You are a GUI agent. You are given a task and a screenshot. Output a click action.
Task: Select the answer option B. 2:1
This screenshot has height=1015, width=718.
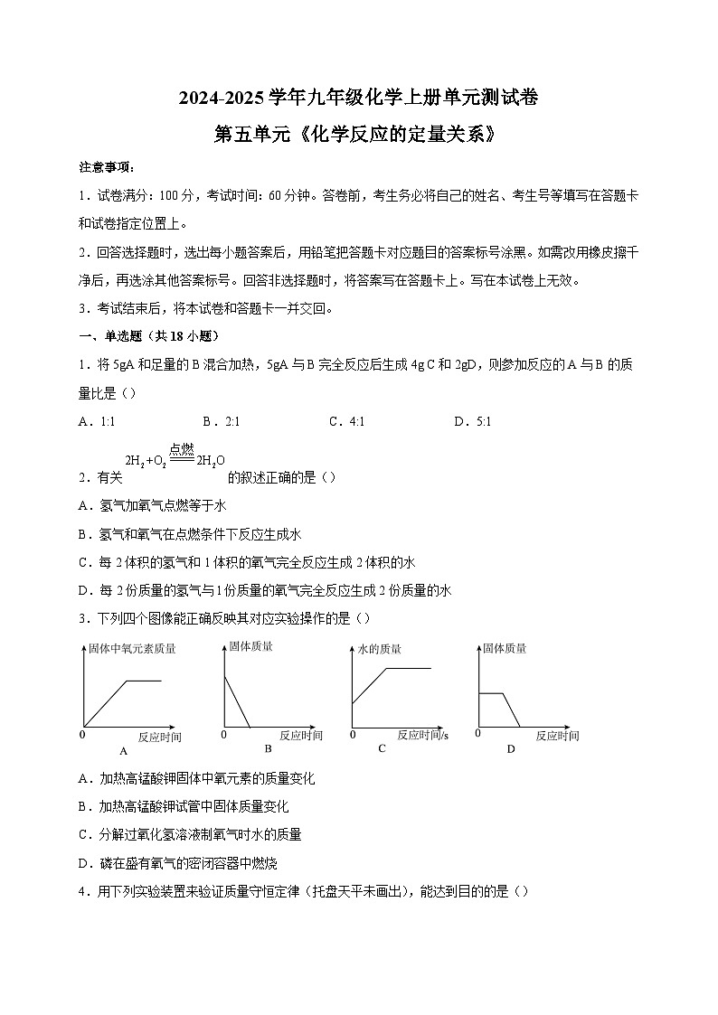[x=221, y=421]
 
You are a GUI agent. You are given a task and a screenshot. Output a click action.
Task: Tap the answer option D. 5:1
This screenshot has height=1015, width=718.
[x=472, y=421]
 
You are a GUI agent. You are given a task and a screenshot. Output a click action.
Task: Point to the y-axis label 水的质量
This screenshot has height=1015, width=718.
[x=380, y=649]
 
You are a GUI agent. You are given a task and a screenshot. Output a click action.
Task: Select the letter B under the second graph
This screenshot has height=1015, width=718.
[x=268, y=748]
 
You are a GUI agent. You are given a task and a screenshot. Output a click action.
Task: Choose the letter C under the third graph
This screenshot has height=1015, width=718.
[x=382, y=748]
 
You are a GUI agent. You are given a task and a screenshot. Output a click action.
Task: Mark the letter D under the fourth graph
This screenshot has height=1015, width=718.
[x=510, y=748]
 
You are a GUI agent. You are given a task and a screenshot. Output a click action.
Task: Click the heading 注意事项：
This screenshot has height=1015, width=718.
[x=107, y=167]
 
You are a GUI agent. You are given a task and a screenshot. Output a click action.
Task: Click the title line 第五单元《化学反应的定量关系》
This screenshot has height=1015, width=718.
[x=358, y=134]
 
